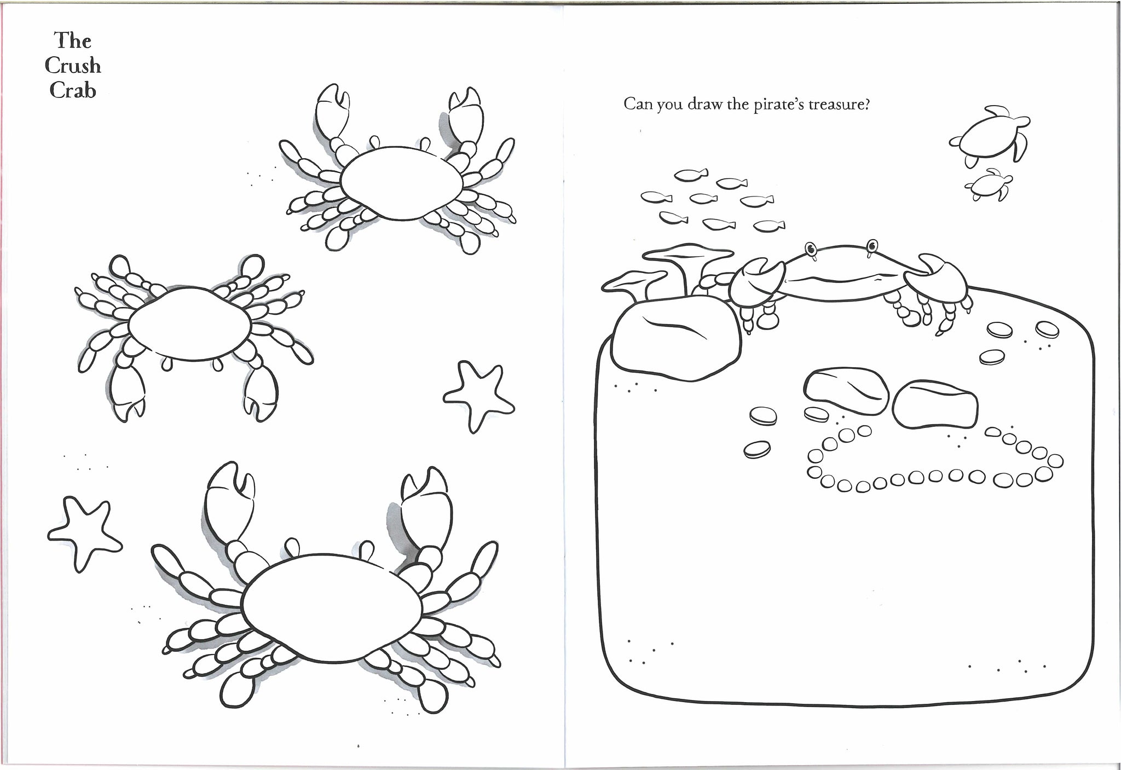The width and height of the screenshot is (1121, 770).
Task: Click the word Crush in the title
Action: pyautogui.click(x=73, y=66)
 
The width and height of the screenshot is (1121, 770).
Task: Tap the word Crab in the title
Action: pyautogui.click(x=73, y=90)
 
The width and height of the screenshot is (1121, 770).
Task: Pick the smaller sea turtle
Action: pyautogui.click(x=987, y=183)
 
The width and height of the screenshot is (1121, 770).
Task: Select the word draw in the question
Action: pyautogui.click(x=702, y=105)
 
